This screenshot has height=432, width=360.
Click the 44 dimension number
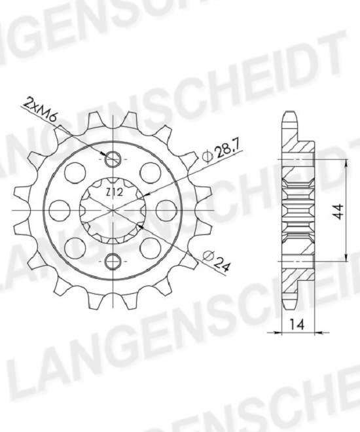338,211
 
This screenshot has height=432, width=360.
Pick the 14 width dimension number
297,325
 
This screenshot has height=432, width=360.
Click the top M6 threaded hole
113,159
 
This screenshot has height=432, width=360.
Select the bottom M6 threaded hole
113,261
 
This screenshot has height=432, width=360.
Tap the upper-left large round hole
75,173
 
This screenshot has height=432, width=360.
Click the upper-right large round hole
151,173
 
